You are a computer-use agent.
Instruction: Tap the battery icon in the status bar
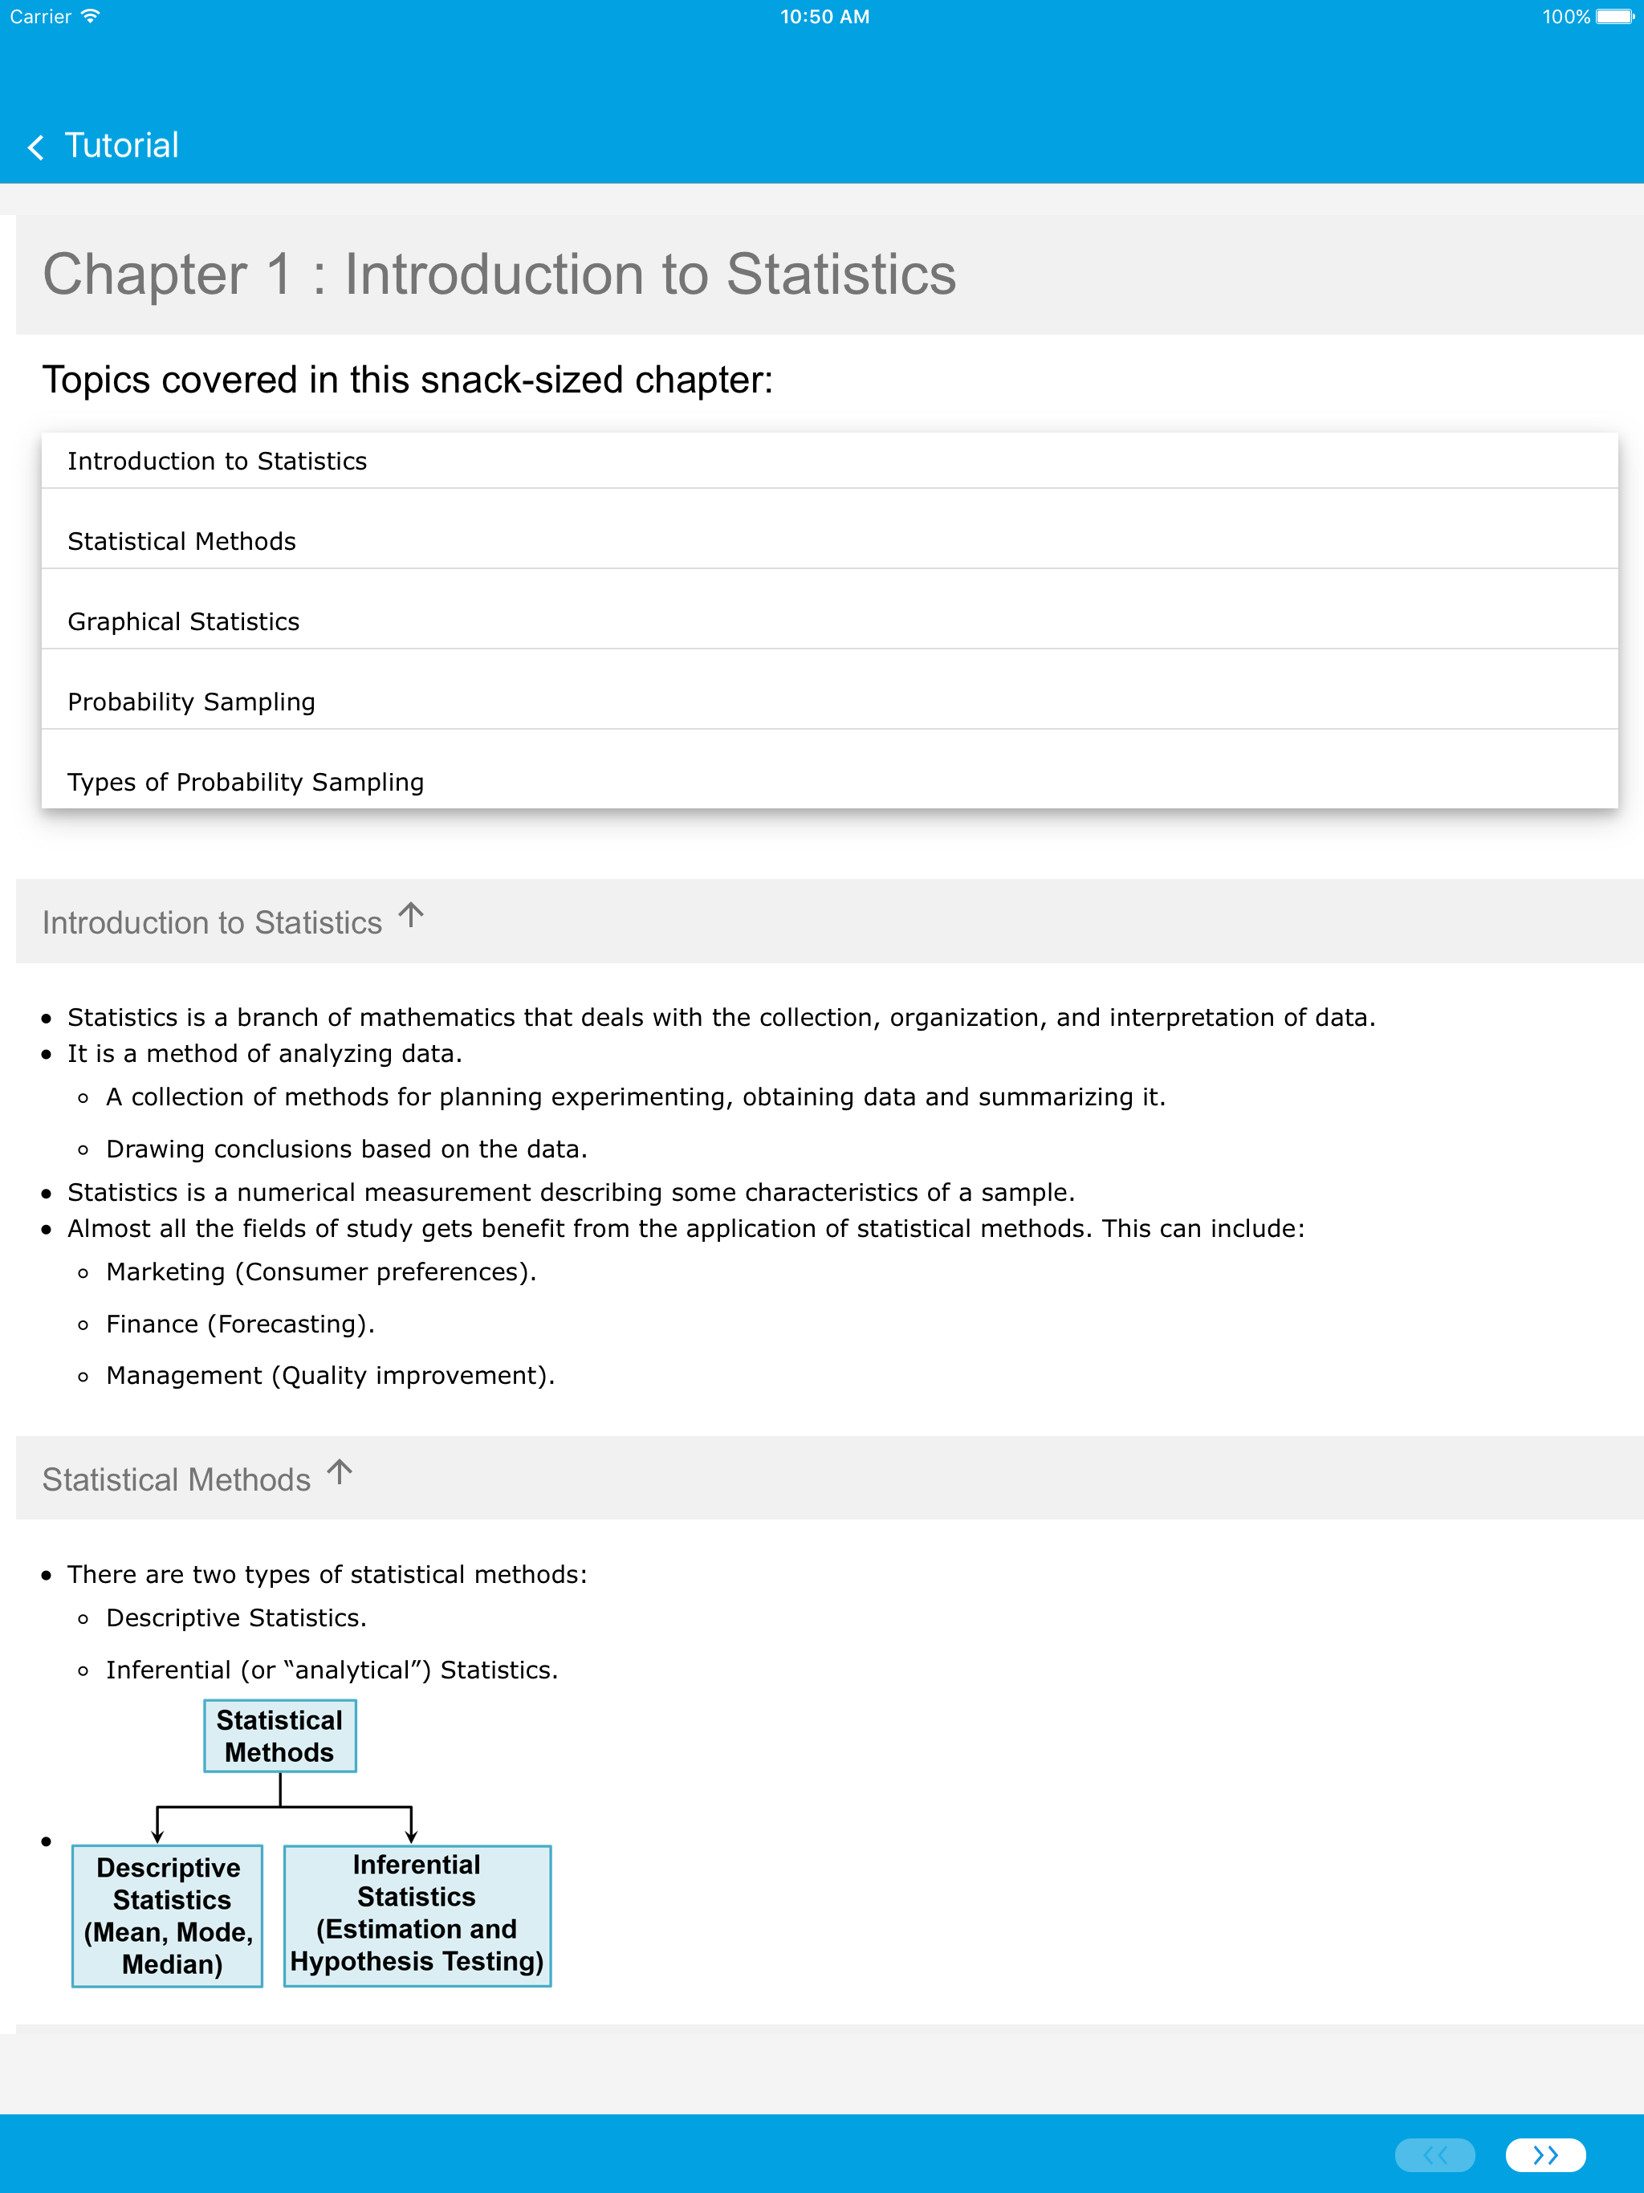click(x=1613, y=17)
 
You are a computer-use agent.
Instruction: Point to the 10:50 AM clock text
click(x=824, y=17)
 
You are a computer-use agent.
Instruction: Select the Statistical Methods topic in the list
click(x=181, y=541)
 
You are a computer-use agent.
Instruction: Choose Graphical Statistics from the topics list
click(x=184, y=621)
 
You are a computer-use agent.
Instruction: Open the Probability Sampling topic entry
click(x=191, y=702)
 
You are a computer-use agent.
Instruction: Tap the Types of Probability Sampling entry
click(x=245, y=782)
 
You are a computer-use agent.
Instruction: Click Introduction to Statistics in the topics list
click(x=218, y=461)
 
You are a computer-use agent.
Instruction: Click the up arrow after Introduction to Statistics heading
click(x=410, y=914)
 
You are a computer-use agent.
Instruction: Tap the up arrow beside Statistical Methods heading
click(x=339, y=1471)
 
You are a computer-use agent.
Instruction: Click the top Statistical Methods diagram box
click(x=279, y=1736)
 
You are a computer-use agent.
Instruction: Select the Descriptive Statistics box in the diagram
click(x=168, y=1915)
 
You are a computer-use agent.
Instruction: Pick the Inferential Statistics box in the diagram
click(x=417, y=1914)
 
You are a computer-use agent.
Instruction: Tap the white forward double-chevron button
click(x=1544, y=2154)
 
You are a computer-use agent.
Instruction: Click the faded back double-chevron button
click(x=1434, y=2154)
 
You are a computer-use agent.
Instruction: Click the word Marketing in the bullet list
click(x=165, y=1272)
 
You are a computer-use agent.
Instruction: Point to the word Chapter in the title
click(x=144, y=275)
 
